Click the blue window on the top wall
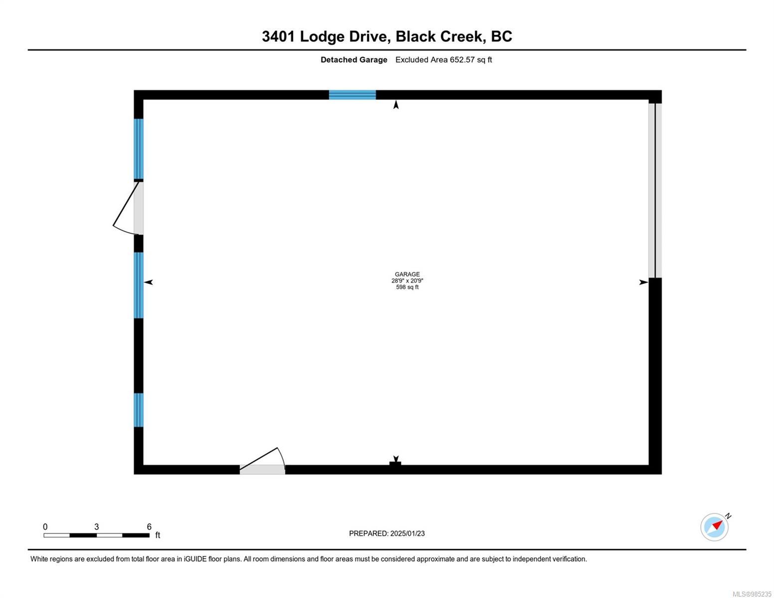point(352,95)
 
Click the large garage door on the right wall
point(655,190)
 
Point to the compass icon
point(714,527)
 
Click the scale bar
point(96,535)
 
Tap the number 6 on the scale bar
point(149,527)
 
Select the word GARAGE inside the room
point(407,274)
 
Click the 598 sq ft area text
point(407,287)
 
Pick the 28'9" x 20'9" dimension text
point(407,281)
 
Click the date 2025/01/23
point(407,533)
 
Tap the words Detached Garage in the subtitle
point(354,60)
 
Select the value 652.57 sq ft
point(470,60)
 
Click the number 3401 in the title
point(279,36)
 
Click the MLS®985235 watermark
point(752,594)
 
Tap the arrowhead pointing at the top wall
point(396,105)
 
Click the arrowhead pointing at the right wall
point(643,283)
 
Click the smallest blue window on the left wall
point(139,410)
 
